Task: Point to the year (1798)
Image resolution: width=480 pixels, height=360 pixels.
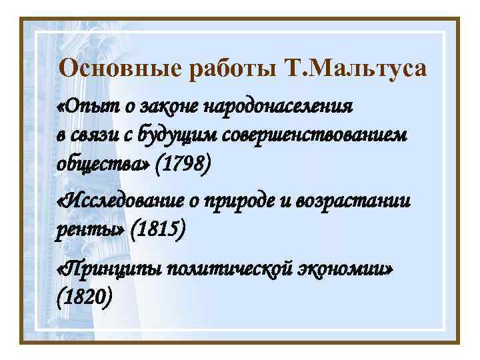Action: pyautogui.click(x=182, y=163)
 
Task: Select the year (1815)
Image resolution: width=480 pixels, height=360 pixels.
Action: pyautogui.click(x=159, y=230)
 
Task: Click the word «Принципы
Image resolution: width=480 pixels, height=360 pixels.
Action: pyautogui.click(x=108, y=268)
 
